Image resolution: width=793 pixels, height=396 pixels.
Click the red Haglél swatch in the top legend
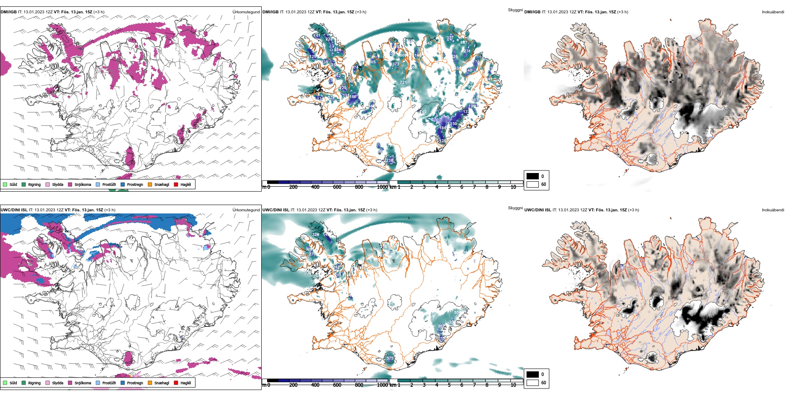[176, 184]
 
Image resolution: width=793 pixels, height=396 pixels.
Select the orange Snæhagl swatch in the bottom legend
[150, 383]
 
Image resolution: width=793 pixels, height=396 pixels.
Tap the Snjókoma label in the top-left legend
[83, 185]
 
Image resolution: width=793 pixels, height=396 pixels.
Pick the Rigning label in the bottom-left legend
[34, 383]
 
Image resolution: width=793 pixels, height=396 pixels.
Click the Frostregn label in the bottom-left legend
[135, 383]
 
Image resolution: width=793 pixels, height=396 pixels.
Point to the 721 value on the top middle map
[403, 83]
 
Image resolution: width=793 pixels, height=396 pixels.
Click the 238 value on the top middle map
[389, 160]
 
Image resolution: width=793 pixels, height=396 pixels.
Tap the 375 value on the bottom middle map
[390, 358]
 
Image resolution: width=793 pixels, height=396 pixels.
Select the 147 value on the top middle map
[317, 36]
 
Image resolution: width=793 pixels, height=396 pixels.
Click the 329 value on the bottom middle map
[316, 235]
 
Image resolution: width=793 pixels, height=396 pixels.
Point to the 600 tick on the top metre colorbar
[337, 187]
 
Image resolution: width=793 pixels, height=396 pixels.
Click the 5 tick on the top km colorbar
[449, 187]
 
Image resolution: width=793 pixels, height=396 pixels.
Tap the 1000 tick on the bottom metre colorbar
[382, 385]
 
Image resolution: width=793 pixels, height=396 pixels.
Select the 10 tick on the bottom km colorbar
[513, 385]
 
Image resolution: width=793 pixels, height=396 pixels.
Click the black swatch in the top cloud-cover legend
[533, 176]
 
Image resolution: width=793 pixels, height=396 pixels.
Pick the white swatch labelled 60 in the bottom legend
[533, 383]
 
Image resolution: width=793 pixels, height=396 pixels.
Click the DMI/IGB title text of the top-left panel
[9, 12]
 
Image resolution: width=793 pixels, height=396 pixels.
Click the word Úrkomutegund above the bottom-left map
[246, 210]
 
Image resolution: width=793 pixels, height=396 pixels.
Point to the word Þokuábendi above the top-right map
[773, 12]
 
